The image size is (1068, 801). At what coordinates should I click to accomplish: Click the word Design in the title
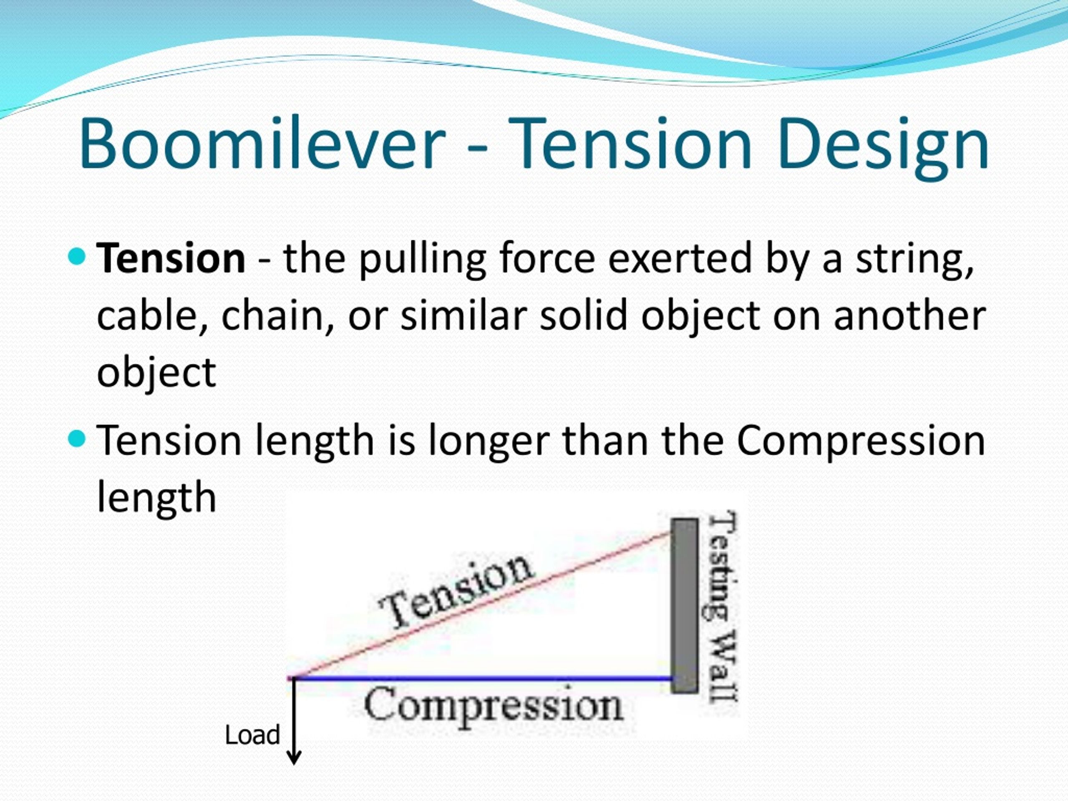point(883,148)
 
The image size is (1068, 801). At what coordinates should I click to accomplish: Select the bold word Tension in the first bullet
point(171,258)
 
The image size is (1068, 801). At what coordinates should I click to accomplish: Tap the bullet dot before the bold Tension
point(77,256)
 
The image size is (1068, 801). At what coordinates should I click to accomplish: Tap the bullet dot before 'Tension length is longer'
point(77,438)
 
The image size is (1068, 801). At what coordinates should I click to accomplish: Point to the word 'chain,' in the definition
point(277,316)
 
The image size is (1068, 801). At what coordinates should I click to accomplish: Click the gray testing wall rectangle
point(685,606)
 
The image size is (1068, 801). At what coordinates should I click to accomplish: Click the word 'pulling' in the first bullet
point(423,261)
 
